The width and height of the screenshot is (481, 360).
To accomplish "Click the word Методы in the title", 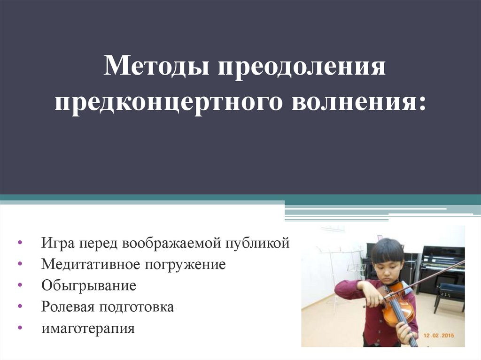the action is coord(156,65).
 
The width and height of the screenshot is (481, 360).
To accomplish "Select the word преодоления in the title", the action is coord(302,67).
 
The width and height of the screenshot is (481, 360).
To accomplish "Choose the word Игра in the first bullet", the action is coord(58,243).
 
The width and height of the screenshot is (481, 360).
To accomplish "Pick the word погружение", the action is coord(185,265).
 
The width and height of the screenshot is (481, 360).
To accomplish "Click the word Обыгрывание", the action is coord(89,286).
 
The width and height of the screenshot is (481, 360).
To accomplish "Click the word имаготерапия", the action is coord(88,329).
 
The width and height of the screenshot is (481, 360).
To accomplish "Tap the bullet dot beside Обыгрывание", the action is coord(20,285).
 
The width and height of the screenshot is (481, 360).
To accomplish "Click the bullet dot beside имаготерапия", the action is coord(20,328).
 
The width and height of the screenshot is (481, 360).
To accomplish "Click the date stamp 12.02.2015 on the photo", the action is coord(439,336).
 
